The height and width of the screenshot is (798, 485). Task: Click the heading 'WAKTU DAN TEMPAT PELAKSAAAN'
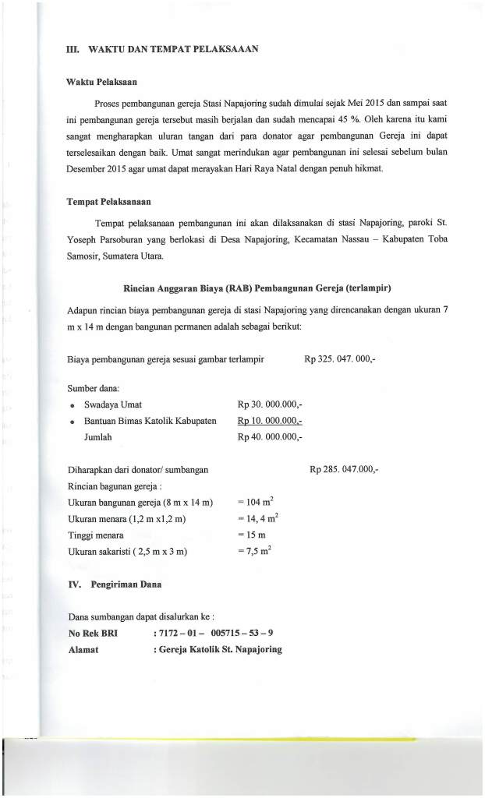click(174, 49)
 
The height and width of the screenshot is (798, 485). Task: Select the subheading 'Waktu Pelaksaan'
click(102, 80)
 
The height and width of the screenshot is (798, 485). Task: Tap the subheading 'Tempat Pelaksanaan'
click(108, 203)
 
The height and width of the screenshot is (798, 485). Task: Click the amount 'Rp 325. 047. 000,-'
click(340, 359)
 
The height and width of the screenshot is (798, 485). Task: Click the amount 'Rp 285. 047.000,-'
click(344, 470)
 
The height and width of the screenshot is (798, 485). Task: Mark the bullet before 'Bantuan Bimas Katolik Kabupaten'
click(72, 422)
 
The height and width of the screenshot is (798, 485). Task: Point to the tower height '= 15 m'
click(251, 535)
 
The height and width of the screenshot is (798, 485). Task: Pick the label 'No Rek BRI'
click(93, 633)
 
